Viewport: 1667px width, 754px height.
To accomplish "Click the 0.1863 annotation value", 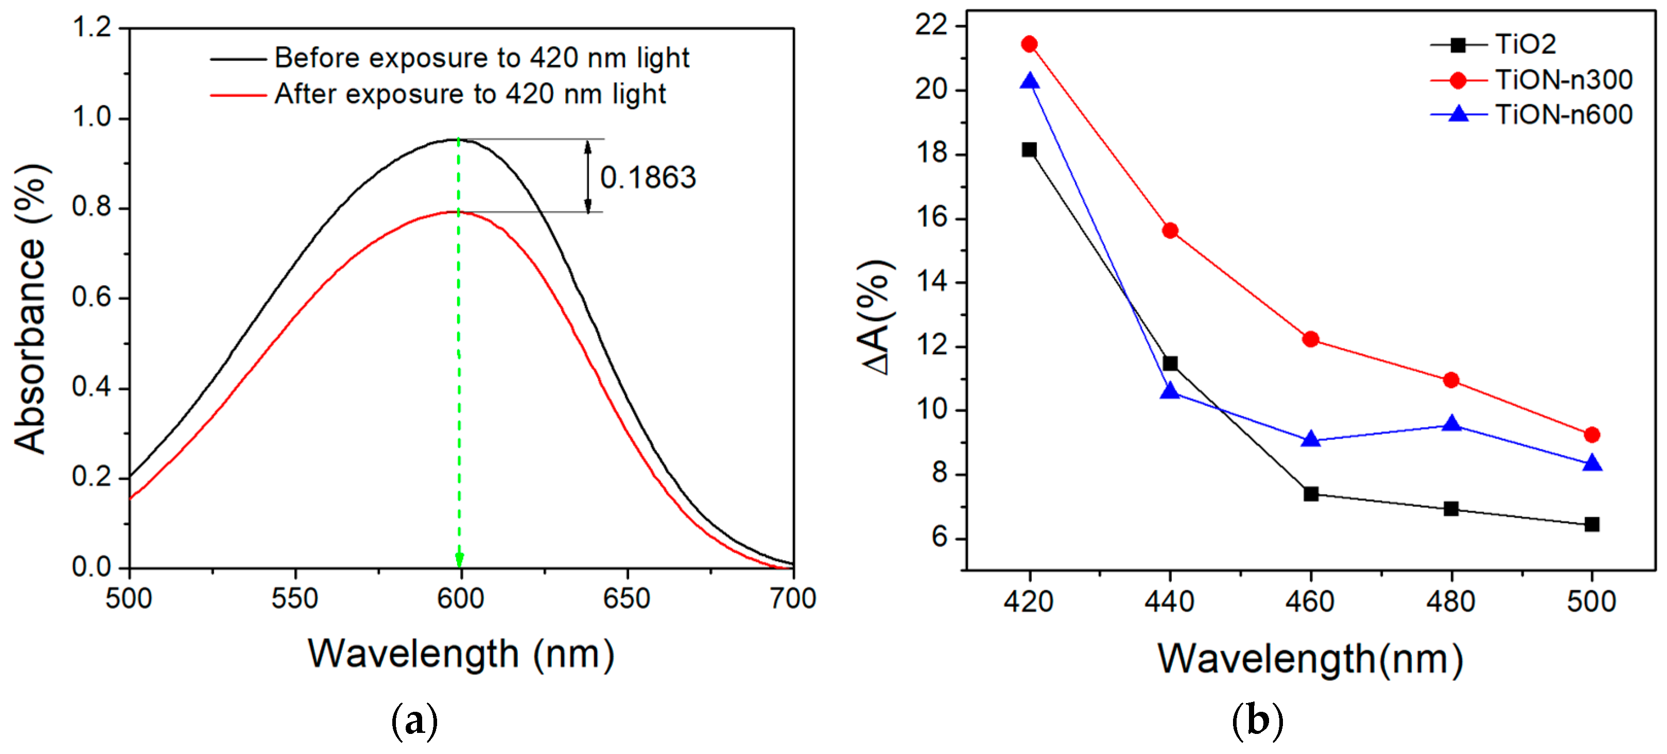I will [648, 178].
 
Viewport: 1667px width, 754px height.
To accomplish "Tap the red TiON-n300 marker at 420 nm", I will [1029, 44].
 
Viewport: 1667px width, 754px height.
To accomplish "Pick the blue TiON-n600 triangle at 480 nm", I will [1451, 425].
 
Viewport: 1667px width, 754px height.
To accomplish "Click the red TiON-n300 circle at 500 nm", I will [1592, 435].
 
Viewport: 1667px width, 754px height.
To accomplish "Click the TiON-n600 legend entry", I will [1564, 115].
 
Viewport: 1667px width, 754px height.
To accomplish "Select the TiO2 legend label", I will [1525, 44].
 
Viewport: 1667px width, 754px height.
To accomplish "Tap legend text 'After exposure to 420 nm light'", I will [470, 95].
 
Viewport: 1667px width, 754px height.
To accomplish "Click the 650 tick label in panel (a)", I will [626, 599].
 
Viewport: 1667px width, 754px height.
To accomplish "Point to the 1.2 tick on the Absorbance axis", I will [91, 27].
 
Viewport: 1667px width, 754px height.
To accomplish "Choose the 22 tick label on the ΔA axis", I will [931, 26].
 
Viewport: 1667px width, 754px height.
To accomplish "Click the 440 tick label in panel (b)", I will [1169, 602].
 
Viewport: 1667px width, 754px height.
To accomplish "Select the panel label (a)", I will [414, 720].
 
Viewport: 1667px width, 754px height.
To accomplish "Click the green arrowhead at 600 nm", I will [459, 560].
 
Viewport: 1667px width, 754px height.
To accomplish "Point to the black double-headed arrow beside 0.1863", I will [587, 176].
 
